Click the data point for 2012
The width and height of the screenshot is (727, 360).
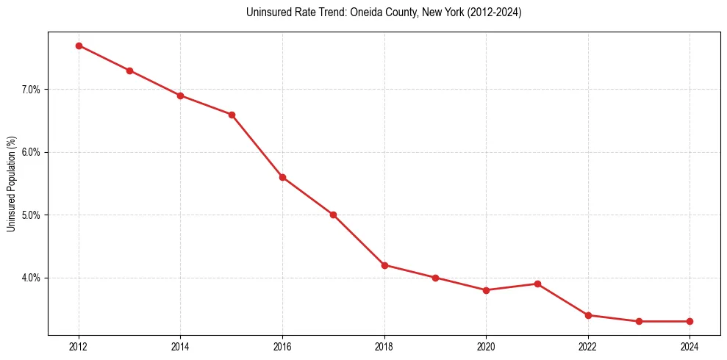tap(79, 46)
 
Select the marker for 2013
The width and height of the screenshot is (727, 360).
tap(129, 71)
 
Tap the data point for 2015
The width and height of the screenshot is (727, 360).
tap(232, 115)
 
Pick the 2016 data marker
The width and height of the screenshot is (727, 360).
tap(282, 177)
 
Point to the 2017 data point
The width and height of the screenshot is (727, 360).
tap(333, 215)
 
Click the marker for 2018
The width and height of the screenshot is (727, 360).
tap(384, 265)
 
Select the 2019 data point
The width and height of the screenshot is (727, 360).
tap(435, 278)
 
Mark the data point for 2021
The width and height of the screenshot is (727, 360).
tap(537, 284)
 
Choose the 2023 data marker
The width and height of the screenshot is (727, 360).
tap(639, 321)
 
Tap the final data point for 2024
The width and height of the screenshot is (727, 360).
tap(690, 321)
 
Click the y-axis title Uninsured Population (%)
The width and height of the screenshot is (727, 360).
tap(11, 184)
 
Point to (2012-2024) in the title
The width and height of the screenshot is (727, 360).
tap(493, 12)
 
